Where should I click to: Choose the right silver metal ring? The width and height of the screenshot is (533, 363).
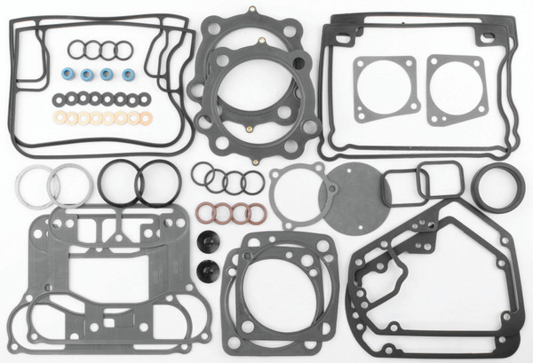69,186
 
